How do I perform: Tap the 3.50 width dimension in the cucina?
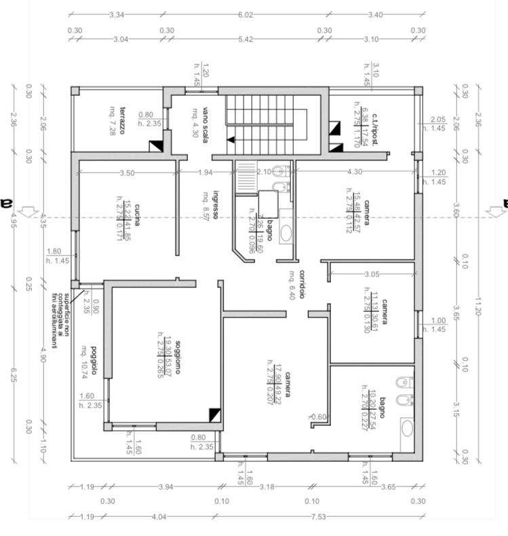(126, 173)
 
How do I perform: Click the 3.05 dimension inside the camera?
(372, 274)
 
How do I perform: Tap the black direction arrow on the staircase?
(232, 139)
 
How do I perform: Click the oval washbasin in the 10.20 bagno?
(407, 428)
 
